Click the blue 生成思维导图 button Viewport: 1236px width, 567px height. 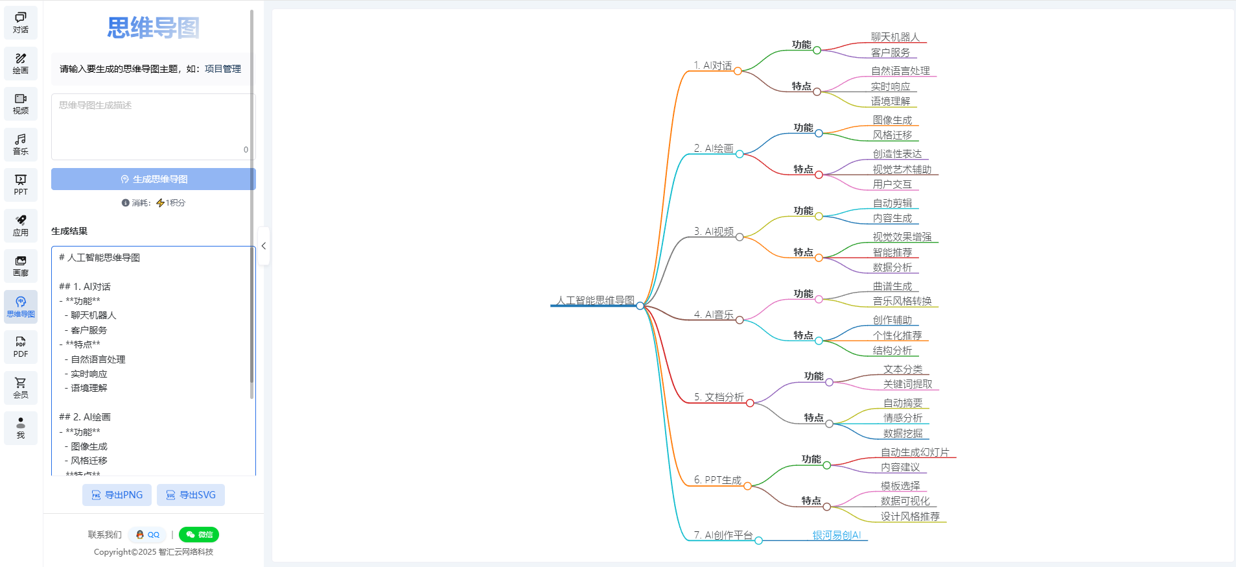(x=154, y=179)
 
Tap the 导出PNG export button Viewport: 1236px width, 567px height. (x=117, y=495)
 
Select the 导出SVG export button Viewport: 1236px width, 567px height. (x=191, y=495)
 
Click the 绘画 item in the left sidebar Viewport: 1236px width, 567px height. (x=21, y=63)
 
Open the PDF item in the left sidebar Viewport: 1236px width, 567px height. (x=21, y=347)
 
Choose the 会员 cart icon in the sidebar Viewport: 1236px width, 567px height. (x=21, y=387)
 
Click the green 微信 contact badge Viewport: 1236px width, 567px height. (x=199, y=535)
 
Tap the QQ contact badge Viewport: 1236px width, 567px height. (x=148, y=535)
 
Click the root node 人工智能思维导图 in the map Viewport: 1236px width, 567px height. (x=595, y=300)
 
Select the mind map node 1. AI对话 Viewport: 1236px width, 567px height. (x=713, y=66)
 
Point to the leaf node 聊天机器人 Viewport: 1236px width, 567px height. (x=895, y=37)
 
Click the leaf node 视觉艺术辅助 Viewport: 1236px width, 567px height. (x=902, y=169)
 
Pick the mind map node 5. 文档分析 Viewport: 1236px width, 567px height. (x=719, y=397)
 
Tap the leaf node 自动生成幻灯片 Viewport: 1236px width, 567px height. (x=915, y=452)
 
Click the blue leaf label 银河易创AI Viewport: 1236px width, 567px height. (x=837, y=535)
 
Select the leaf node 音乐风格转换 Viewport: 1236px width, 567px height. (x=902, y=301)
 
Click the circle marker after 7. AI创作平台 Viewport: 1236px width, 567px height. (x=758, y=540)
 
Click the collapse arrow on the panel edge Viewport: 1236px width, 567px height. (x=264, y=246)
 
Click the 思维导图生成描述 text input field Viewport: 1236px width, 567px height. (x=153, y=127)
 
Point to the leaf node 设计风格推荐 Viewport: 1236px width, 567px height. (x=909, y=516)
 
